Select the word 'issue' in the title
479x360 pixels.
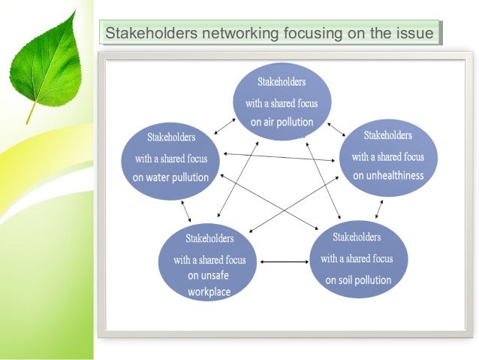(417, 34)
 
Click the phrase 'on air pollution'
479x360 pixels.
(282, 122)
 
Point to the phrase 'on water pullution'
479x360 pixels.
(170, 178)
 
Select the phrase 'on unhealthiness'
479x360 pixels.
(388, 176)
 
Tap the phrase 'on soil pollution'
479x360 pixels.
(358, 280)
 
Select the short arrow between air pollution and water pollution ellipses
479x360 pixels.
(221, 126)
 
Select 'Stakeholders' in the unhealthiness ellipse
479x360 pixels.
(388, 135)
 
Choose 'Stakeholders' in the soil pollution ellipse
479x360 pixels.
(357, 237)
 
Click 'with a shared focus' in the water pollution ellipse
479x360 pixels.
(170, 159)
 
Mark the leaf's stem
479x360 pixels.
(31, 112)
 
